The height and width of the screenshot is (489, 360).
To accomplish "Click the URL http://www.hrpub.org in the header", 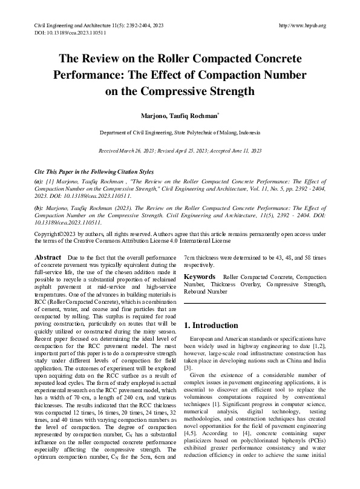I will [x=300, y=26].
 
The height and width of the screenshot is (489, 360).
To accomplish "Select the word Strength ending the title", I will [x=223, y=92].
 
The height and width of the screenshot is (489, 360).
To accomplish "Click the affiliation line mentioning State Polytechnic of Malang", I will [x=180, y=132].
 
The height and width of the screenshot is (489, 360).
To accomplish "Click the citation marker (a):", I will [x=38, y=181].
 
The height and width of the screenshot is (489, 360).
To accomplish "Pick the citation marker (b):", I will [x=38, y=206].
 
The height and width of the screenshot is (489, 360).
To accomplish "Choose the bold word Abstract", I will [x=48, y=258].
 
